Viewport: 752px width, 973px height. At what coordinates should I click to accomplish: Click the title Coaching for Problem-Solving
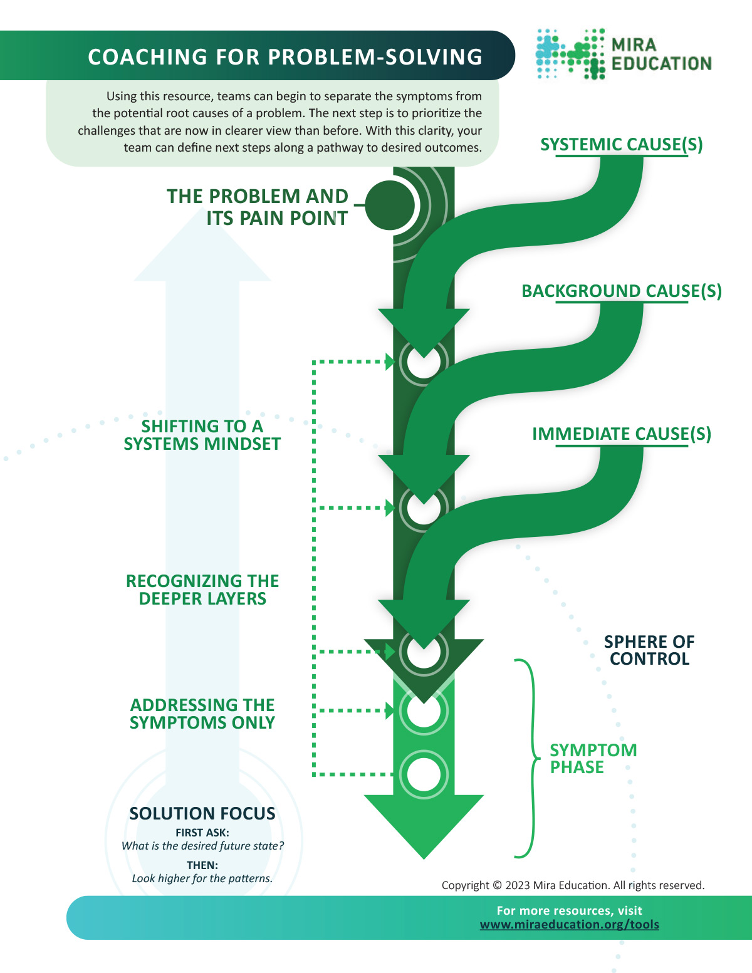(285, 57)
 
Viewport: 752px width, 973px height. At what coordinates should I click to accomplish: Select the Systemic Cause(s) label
(621, 144)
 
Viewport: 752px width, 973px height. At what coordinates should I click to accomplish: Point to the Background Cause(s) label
(622, 291)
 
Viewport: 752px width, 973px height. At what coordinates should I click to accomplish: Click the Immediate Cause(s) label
(621, 434)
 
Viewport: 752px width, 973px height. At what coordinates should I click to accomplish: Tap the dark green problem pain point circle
(390, 206)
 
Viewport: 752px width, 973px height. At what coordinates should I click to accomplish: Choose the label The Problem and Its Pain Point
(258, 207)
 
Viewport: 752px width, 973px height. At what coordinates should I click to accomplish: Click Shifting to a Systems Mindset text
(202, 435)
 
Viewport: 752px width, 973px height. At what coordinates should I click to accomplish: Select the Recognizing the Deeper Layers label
(202, 590)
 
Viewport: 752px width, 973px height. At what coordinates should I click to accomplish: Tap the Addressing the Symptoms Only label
(202, 713)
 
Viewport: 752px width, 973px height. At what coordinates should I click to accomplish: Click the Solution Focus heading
(202, 813)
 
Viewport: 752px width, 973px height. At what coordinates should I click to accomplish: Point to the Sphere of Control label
(649, 650)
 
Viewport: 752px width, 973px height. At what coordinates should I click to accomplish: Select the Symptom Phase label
(593, 758)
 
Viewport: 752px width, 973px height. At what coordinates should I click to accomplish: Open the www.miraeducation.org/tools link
(569, 924)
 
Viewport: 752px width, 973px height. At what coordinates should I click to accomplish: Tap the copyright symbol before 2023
(497, 885)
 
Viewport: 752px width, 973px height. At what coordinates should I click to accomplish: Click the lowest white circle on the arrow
(423, 774)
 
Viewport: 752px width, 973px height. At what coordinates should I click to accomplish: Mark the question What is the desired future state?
(202, 845)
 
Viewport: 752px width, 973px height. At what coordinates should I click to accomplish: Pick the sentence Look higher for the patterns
(202, 878)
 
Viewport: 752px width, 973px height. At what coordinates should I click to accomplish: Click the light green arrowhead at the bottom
(424, 826)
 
